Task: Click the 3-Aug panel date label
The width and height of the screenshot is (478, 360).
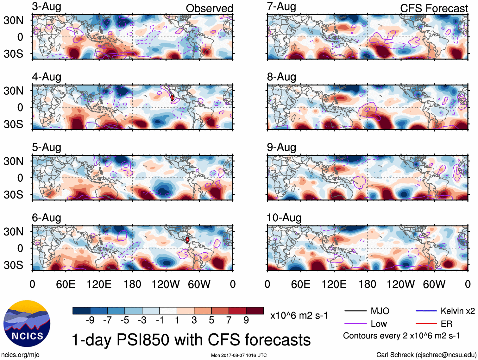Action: click(47, 7)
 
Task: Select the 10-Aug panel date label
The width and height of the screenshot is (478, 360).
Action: click(284, 218)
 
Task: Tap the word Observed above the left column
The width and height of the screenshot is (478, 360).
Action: click(209, 9)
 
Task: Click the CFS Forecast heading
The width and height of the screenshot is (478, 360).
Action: click(434, 9)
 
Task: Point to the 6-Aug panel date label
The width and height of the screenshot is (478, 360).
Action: click(47, 218)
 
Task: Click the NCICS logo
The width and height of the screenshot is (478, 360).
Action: click(27, 323)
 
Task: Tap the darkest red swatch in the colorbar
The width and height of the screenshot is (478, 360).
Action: click(255, 311)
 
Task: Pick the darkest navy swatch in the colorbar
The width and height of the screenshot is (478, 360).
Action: click(81, 311)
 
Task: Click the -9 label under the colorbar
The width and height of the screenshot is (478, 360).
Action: click(90, 320)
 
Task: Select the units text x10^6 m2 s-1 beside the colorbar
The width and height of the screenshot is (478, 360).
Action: click(299, 316)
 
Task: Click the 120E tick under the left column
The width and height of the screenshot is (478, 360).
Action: click(99, 284)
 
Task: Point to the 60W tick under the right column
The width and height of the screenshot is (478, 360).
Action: click(434, 284)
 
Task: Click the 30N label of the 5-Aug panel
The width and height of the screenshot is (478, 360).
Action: click(14, 161)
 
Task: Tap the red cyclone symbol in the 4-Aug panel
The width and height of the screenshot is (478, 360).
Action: click(172, 98)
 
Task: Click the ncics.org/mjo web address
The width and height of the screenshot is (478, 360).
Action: click(20, 355)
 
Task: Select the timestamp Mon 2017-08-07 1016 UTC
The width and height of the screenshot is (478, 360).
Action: click(239, 355)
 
